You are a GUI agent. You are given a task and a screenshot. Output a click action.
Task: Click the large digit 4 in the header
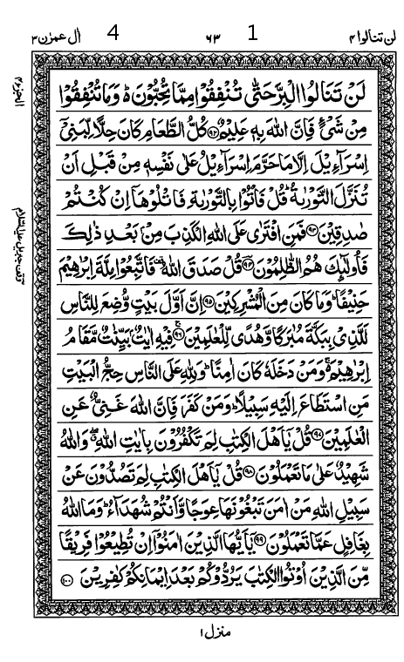113,35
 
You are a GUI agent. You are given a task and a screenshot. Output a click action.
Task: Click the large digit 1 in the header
253,35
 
